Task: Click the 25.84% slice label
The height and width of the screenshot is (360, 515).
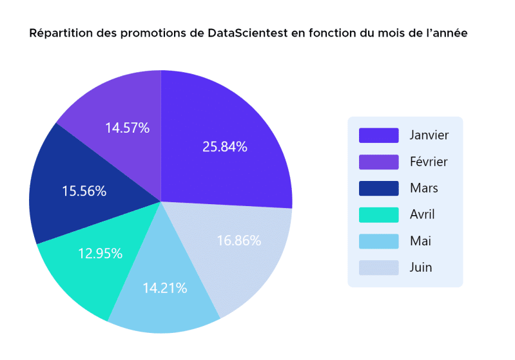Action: point(225,146)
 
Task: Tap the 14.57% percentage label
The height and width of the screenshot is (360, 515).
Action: point(128,128)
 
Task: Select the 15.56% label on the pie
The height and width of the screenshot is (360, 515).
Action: point(84,191)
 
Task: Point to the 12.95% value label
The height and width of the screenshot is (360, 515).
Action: point(101,253)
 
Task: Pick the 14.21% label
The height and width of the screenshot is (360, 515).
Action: point(166,288)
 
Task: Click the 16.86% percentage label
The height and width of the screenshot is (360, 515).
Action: point(239,241)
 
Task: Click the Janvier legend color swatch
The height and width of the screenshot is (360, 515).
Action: point(378,135)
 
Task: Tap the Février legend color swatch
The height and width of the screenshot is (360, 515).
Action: point(378,162)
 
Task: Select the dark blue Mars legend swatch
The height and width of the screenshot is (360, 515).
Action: point(378,188)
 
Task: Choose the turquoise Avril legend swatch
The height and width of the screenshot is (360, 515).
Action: point(378,214)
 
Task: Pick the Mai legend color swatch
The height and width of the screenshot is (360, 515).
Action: point(378,241)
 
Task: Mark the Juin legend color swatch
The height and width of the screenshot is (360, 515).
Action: point(378,267)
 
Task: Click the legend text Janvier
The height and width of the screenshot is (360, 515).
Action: point(429,135)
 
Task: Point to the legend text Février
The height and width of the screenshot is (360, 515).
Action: point(428,162)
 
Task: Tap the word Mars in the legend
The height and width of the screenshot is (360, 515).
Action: point(423,188)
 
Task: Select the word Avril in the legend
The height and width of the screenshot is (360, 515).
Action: point(422,214)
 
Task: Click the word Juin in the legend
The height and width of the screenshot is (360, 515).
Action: point(421,267)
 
